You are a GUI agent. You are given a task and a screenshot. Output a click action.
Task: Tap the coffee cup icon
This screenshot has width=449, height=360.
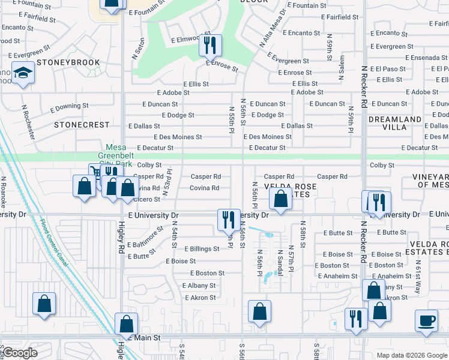426,320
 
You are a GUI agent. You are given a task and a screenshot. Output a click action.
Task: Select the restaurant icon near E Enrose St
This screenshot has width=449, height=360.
210,44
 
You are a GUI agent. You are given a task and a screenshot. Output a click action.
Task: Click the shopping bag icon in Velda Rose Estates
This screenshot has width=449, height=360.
280,199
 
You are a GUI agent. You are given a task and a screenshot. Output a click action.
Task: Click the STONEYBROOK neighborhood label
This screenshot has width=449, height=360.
64,62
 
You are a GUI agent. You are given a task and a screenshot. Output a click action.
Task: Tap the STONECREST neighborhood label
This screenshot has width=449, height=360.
82,125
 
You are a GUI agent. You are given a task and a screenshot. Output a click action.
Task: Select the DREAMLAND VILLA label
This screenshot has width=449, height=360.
395,123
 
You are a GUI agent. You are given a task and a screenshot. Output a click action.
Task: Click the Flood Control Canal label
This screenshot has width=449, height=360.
61,246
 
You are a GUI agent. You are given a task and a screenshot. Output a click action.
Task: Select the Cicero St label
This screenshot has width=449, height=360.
147,199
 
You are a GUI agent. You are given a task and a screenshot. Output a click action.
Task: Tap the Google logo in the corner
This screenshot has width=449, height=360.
20,353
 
